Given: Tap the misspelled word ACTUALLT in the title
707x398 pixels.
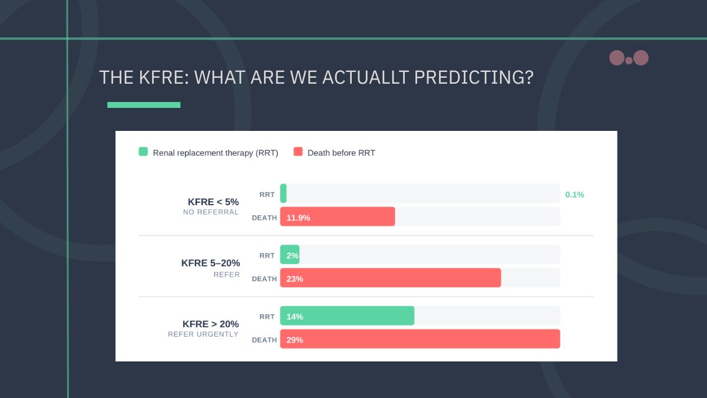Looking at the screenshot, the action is coord(365,77).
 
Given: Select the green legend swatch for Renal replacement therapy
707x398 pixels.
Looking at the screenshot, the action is coord(143,152).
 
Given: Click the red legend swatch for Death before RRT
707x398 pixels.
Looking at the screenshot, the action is coord(298,152).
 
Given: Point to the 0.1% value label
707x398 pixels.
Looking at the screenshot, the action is coord(574,195).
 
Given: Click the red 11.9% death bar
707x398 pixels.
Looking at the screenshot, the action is coord(338,216).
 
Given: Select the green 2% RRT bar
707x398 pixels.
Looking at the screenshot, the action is coord(290,255).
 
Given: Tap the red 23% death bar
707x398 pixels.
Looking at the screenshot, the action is coord(391,278).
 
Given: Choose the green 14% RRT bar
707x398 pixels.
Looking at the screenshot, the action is coord(347,315).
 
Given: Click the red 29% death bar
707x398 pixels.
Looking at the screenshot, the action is coord(420,339).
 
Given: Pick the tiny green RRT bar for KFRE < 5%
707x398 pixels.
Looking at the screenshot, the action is coord(283,193).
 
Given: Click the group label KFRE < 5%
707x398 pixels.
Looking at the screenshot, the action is coord(213,202).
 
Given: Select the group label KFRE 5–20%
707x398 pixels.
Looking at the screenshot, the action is coord(210,263).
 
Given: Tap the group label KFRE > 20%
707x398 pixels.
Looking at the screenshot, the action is coord(210,324).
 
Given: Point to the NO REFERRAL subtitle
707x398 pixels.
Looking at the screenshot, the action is coord(211,212).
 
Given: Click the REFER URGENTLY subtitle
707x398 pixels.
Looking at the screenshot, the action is coord(203,334).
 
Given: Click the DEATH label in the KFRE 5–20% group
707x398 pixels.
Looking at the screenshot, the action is coord(264,279).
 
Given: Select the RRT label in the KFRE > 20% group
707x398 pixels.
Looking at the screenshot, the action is coord(267,317).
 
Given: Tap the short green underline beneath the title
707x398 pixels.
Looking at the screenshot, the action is coord(144,105).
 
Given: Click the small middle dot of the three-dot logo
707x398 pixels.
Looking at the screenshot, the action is coord(629,60).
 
